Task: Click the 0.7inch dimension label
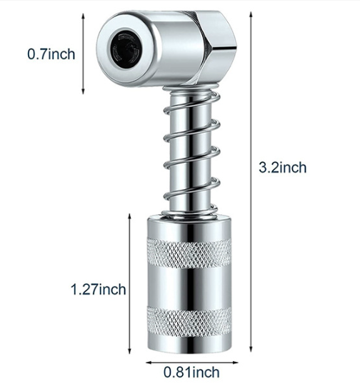pyautogui.click(x=51, y=54)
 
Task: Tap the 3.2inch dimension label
pyautogui.click(x=283, y=168)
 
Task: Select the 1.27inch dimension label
pyautogui.click(x=99, y=289)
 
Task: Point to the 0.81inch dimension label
pyautogui.click(x=191, y=373)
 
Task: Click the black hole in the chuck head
pyautogui.click(x=126, y=47)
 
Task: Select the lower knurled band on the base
pyautogui.click(x=189, y=322)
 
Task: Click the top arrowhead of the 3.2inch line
pyautogui.click(x=251, y=14)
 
